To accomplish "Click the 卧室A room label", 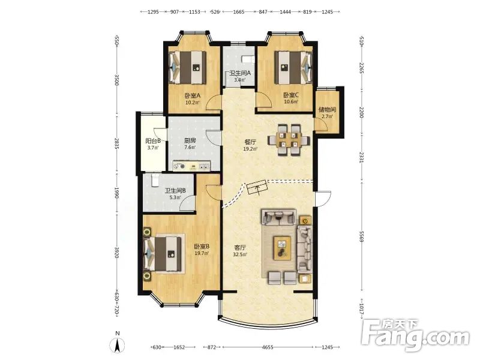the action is [192, 98].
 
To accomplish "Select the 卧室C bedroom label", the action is [291, 98].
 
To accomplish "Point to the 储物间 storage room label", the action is [327, 113].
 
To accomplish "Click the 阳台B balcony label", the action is [153, 144].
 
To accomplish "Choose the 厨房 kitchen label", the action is [190, 143].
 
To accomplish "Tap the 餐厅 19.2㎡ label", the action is [250, 145].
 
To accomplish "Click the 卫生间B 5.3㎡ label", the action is [175, 194].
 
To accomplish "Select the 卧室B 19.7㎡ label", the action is [202, 250].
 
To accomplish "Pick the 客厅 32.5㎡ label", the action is [240, 251].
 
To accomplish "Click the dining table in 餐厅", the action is [289, 140].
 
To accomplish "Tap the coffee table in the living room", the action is [283, 248].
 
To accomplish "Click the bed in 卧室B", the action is [163, 254].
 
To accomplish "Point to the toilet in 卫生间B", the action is [155, 180].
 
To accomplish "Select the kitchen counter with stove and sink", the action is [191, 166].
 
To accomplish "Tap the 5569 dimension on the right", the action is [362, 236].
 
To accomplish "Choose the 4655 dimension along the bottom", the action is [268, 347].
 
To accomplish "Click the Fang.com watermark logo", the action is [415, 335].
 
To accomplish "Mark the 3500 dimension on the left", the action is [116, 79].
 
